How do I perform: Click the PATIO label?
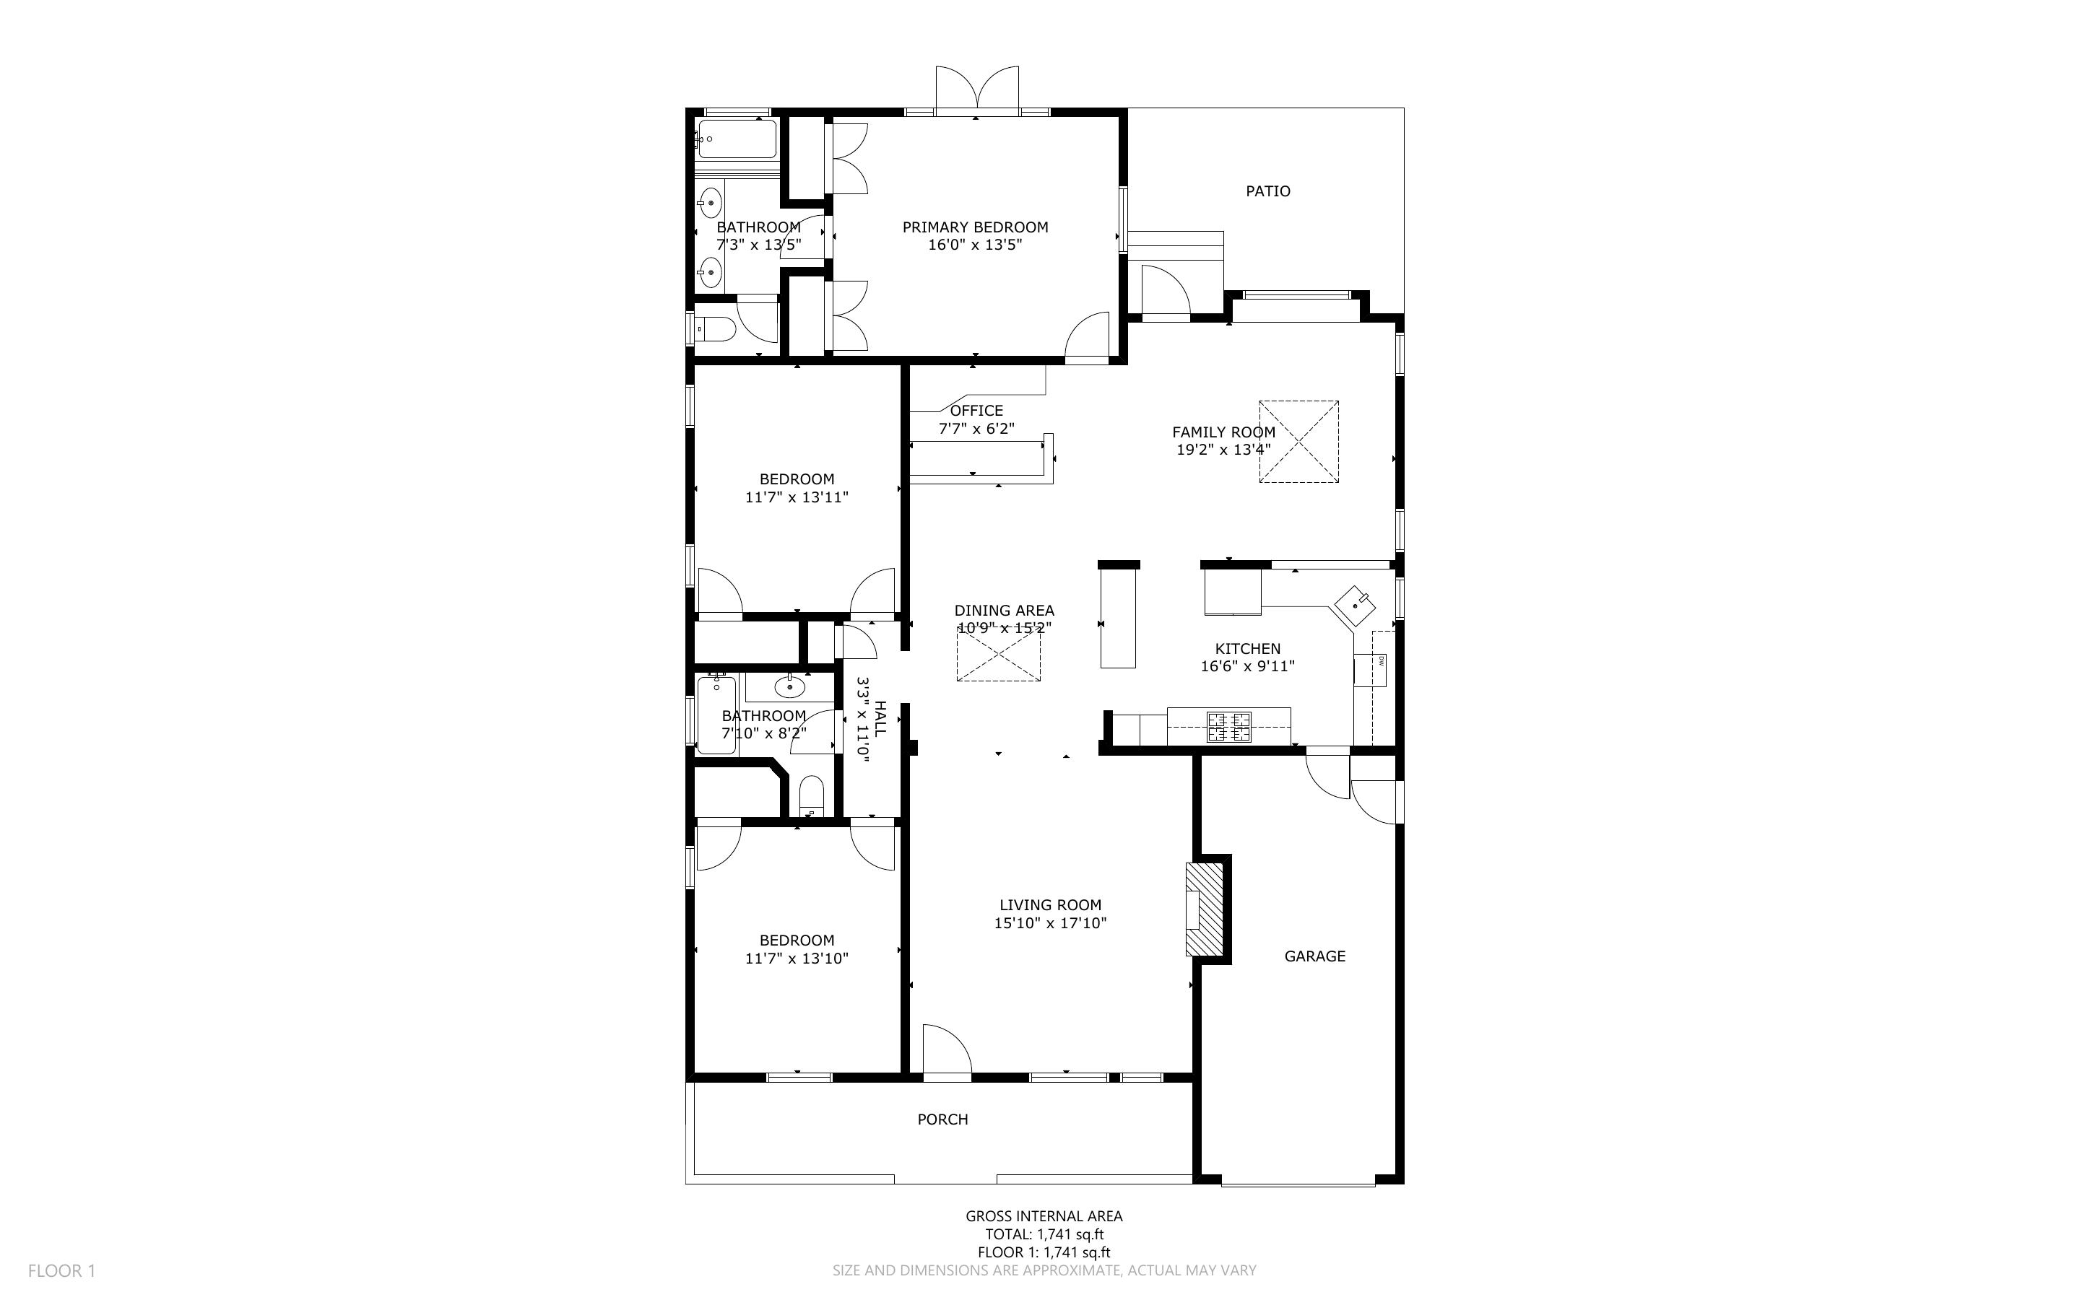pos(1267,191)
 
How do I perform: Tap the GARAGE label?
pos(1315,956)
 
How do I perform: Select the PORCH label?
pos(942,1119)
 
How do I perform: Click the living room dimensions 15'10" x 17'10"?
pos(1051,922)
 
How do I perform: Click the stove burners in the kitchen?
pos(1229,727)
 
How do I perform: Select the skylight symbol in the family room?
pos(1298,441)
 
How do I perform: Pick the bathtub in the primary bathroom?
pos(737,139)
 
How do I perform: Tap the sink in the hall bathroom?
pos(789,687)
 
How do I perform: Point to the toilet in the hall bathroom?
pos(812,795)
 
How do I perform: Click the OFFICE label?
pos(976,411)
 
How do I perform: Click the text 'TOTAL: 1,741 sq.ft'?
pos(1044,1234)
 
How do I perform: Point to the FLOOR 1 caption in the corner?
pos(61,1270)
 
